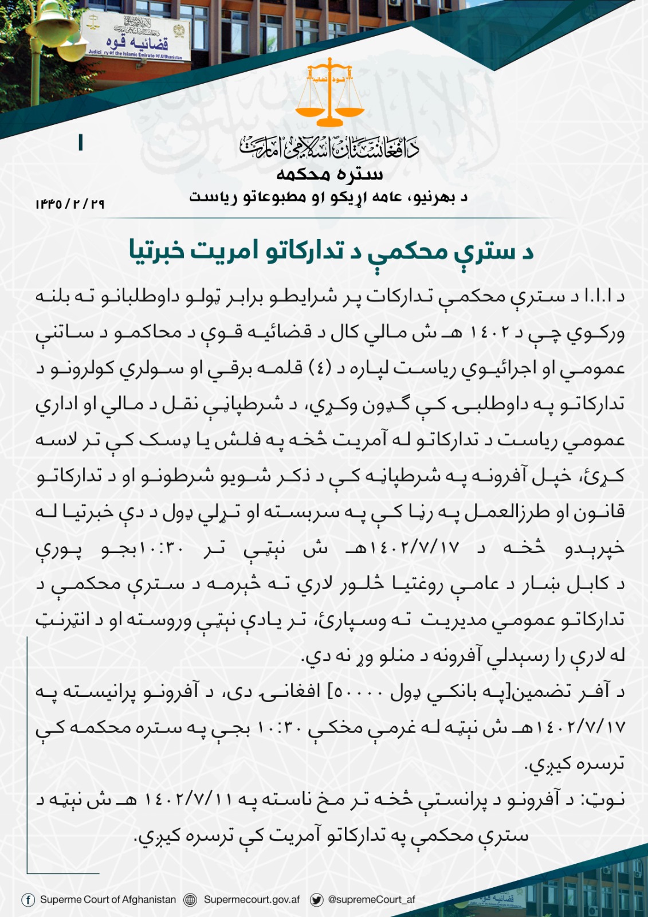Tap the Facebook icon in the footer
click(28, 900)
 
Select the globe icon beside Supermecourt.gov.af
click(190, 900)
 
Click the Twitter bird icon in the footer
click(316, 900)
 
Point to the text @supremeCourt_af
click(371, 900)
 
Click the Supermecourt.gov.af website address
click(252, 900)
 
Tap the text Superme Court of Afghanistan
click(108, 900)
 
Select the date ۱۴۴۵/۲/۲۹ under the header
click(70, 203)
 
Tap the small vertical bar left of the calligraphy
click(80, 142)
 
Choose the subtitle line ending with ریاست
click(329, 198)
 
